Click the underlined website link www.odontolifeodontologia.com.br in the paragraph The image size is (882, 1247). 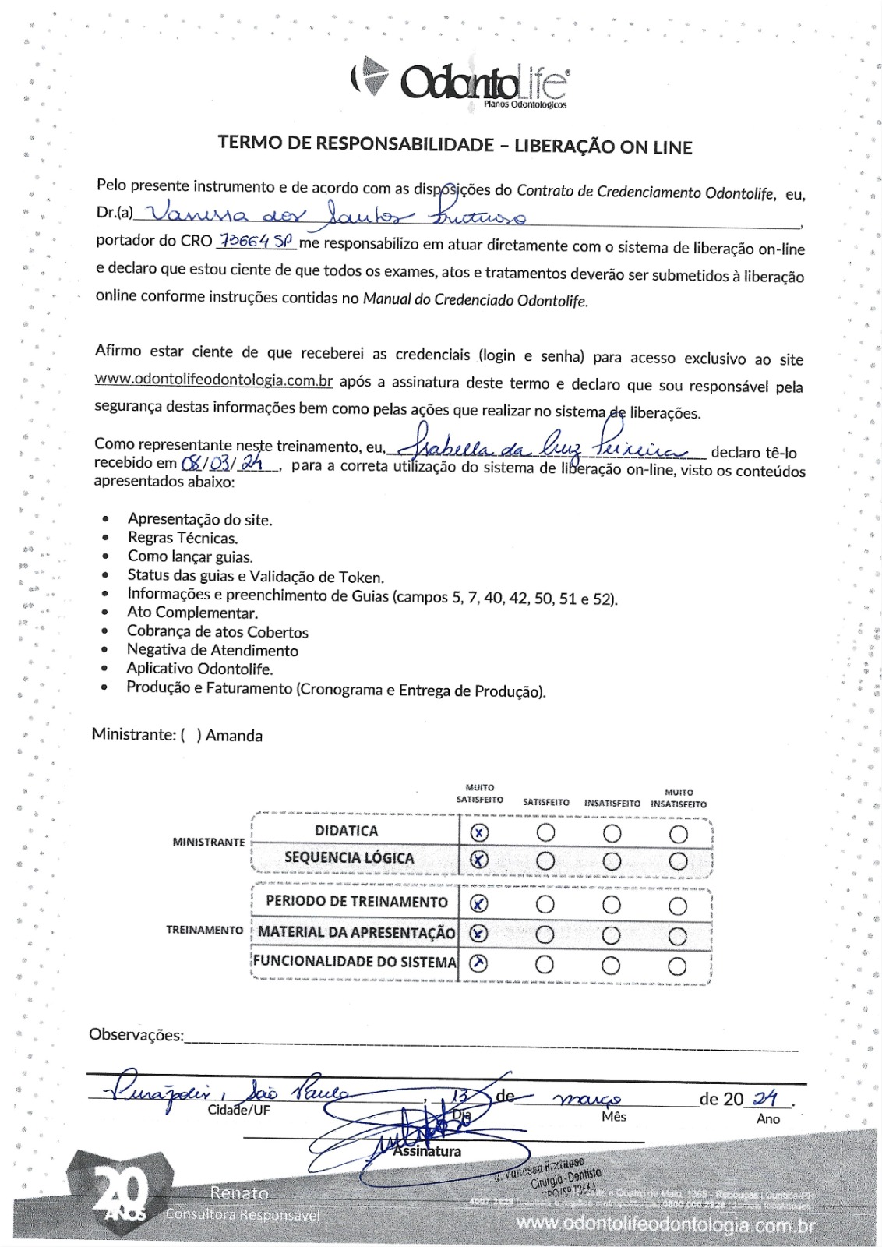point(213,380)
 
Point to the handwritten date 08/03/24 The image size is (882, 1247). point(220,464)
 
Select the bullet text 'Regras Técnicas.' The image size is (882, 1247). point(182,538)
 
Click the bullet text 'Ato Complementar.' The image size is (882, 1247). point(192,613)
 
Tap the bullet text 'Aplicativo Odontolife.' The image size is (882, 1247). point(199,669)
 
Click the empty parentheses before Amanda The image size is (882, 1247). point(191,735)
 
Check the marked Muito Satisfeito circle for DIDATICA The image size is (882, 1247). point(479,832)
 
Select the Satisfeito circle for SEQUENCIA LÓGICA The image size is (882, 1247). point(545,860)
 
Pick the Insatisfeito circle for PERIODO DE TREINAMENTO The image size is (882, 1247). point(612,905)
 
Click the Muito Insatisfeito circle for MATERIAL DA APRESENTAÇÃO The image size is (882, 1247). point(678,935)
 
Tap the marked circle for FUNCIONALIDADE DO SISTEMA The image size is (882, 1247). point(479,964)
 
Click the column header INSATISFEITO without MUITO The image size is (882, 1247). point(612,803)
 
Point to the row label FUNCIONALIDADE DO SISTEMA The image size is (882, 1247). point(355,962)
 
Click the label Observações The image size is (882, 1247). point(136,1035)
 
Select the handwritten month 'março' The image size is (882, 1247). point(587,1099)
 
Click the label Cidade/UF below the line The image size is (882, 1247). point(238,1110)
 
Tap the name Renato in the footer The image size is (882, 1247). point(238,1193)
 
